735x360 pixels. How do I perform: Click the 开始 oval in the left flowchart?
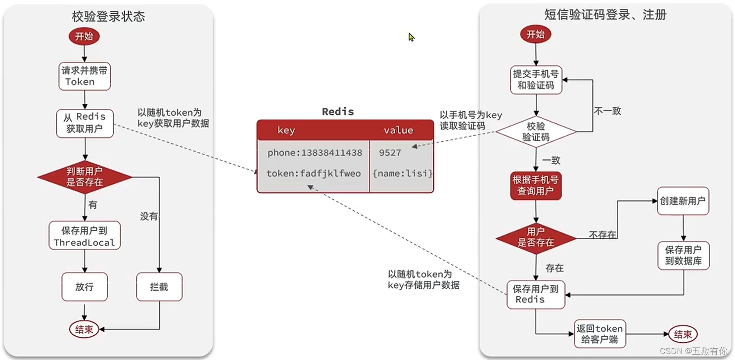coord(84,36)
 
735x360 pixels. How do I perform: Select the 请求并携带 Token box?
coord(84,76)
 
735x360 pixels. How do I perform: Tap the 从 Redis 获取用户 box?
coord(85,123)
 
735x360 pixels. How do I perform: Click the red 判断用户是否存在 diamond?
coord(85,177)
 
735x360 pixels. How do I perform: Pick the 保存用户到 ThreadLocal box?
coord(85,236)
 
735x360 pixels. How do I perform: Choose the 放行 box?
coord(85,286)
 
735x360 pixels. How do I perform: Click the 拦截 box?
coord(159,286)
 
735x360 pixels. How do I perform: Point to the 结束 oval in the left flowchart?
coord(84,329)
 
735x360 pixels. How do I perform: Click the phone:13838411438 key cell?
coord(315,153)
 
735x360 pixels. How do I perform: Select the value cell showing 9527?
coord(390,153)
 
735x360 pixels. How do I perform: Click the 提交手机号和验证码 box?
coord(536,80)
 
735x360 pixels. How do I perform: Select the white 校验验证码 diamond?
coord(536,132)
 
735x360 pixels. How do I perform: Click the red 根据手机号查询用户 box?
coord(536,185)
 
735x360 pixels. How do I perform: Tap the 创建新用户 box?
coord(683,201)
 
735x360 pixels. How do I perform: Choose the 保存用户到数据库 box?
coord(683,255)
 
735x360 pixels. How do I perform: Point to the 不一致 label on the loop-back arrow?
coord(607,111)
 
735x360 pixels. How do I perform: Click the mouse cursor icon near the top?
coord(411,37)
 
